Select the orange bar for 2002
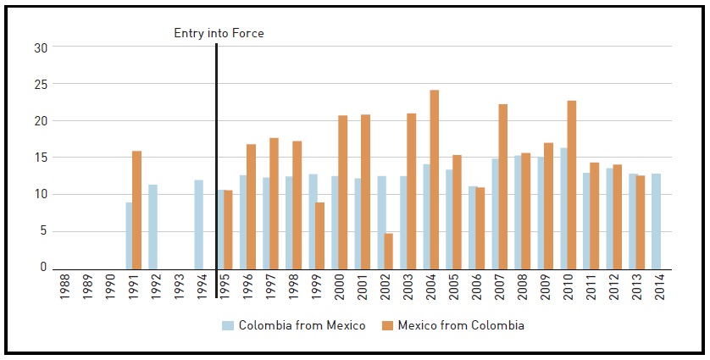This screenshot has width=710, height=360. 389,250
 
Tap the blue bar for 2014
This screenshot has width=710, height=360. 657,220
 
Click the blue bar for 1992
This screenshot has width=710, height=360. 153,225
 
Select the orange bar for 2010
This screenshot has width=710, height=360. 572,184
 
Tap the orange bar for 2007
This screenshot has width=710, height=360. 503,186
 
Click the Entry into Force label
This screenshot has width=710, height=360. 219,33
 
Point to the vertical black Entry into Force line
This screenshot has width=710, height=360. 217,152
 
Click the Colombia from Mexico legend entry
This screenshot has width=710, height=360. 294,325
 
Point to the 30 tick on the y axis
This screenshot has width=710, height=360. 40,47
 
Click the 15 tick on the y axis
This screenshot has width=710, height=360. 40,158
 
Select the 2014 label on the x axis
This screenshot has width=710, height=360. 657,288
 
